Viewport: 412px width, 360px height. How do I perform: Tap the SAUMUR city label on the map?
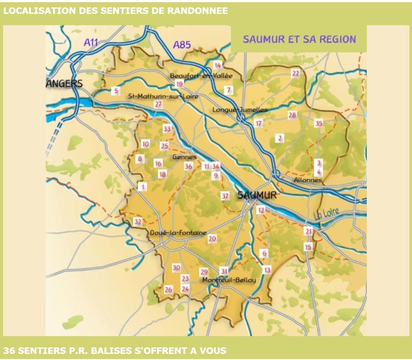click(257, 195)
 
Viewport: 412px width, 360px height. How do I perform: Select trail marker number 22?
click(296, 73)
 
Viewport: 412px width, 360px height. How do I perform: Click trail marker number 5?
click(116, 91)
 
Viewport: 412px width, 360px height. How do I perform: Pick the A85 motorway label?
click(182, 45)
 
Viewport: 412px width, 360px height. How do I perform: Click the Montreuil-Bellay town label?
click(229, 280)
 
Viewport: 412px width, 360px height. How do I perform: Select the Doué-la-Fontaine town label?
click(178, 233)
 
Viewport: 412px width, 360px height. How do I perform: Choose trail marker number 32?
click(138, 222)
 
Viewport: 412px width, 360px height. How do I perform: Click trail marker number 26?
click(168, 289)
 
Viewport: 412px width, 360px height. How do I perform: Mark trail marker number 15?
click(308, 247)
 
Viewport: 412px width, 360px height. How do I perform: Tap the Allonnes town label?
click(308, 180)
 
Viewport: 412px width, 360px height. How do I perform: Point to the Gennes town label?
click(184, 157)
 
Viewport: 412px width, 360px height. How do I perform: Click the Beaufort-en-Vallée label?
click(201, 76)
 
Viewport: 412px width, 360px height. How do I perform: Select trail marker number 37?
click(225, 196)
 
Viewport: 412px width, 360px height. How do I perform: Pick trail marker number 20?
click(212, 238)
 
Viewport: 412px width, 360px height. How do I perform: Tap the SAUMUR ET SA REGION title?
click(299, 39)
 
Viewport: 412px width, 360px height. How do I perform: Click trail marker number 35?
click(319, 123)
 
